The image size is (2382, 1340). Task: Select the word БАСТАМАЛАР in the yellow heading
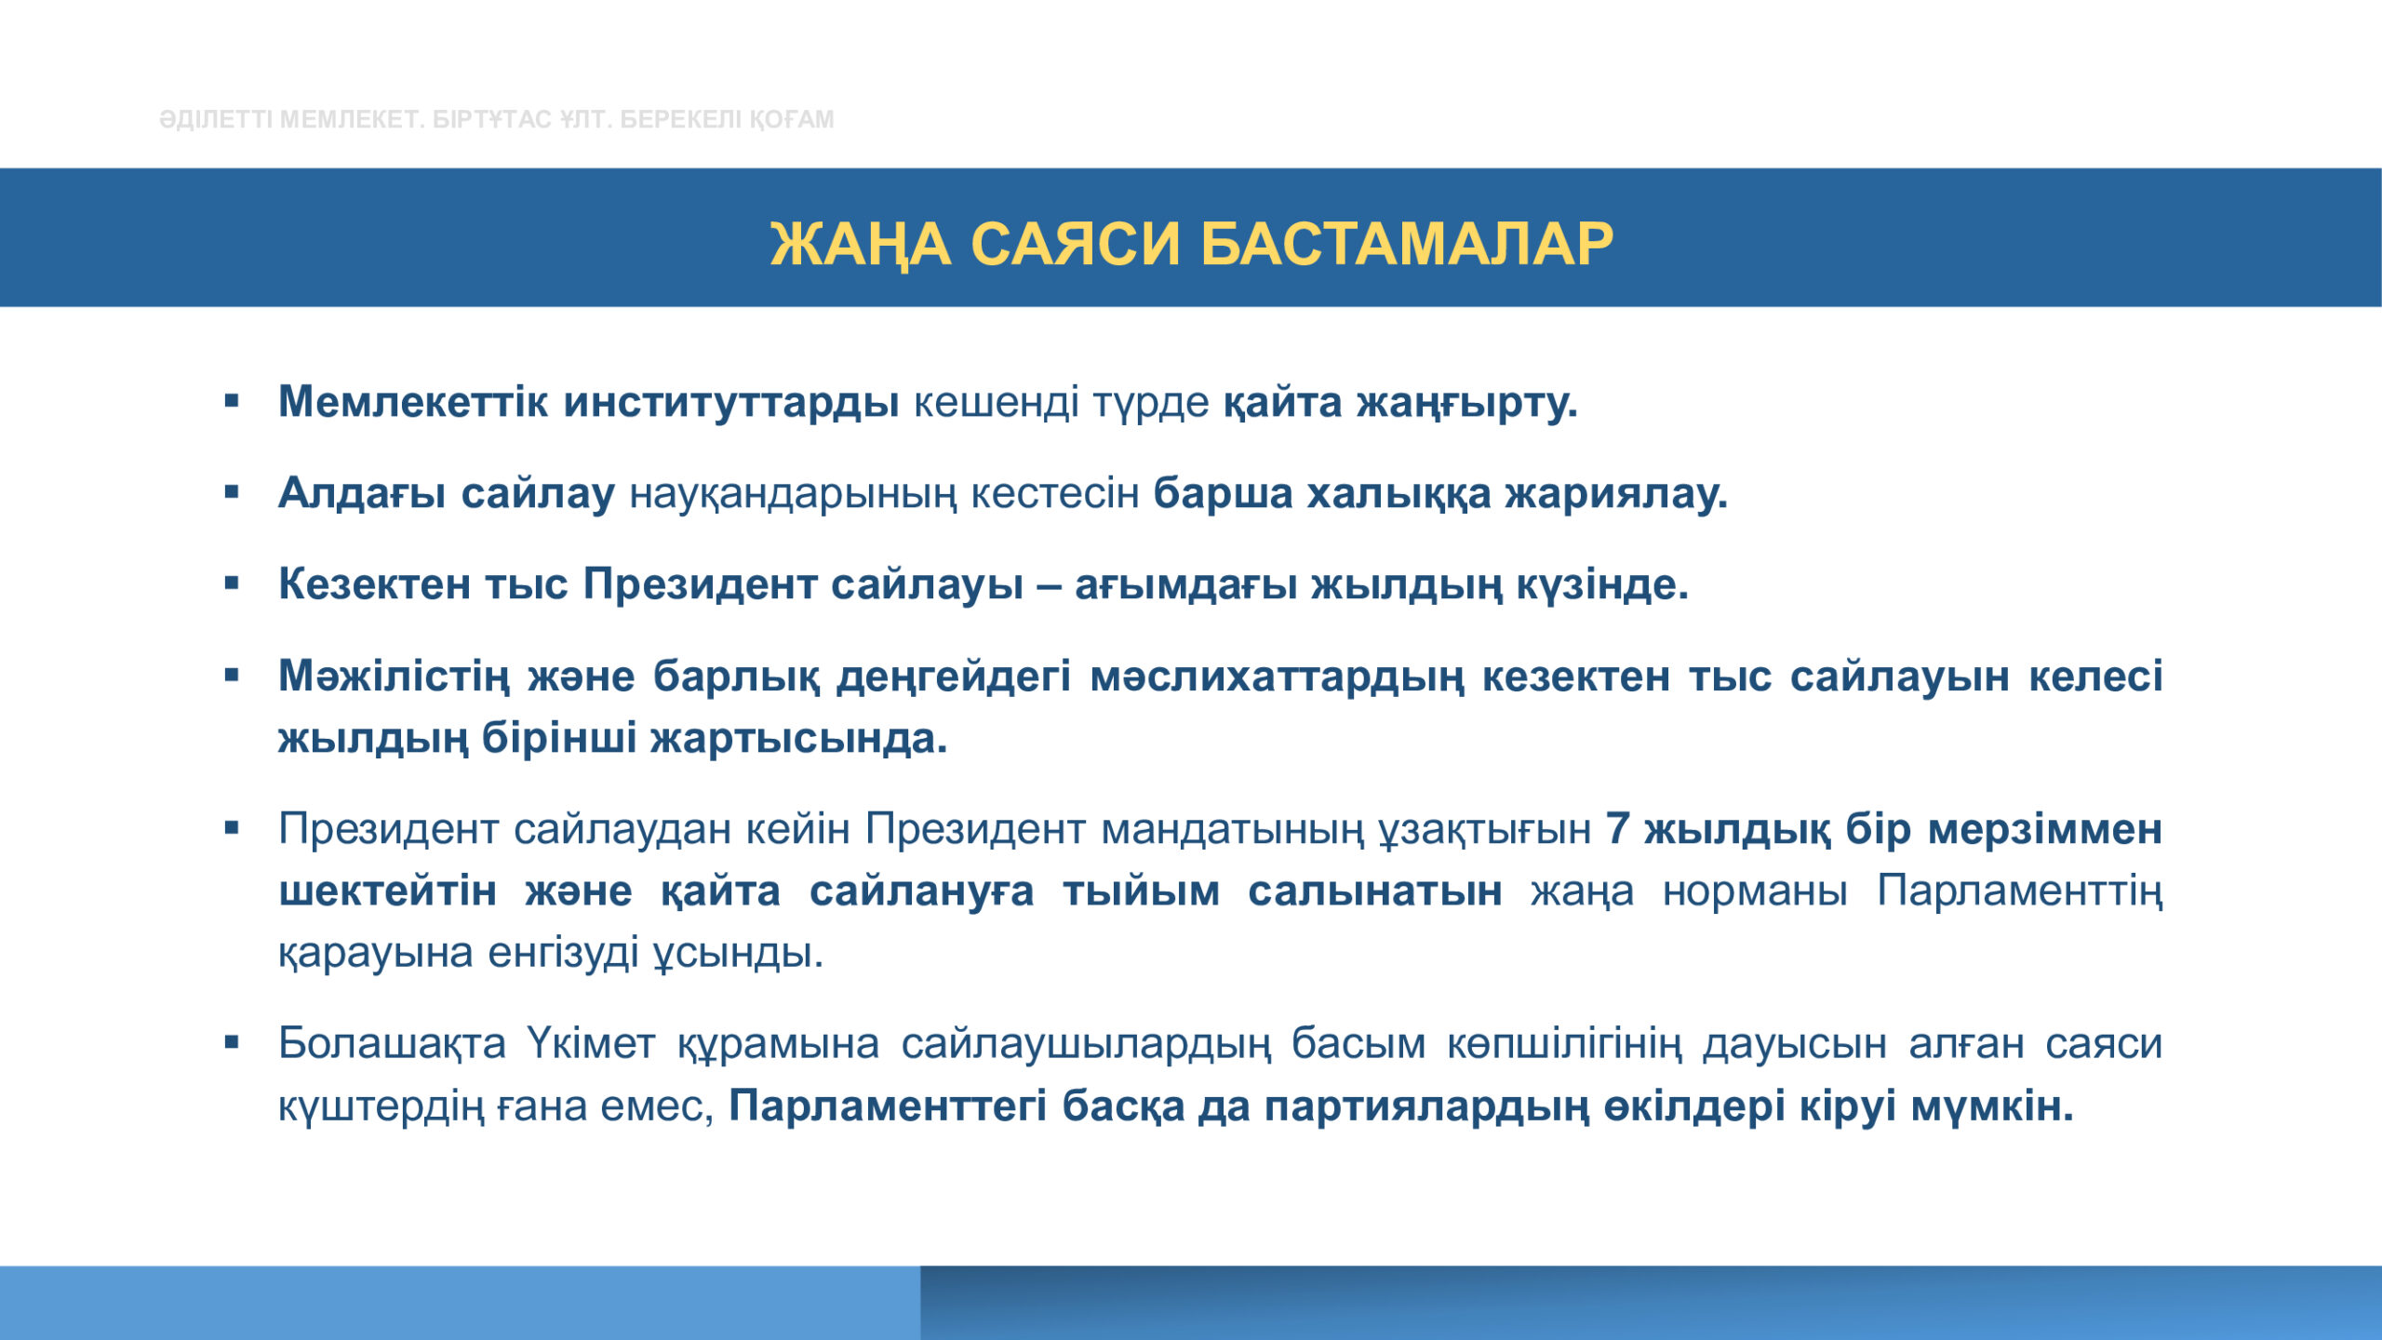pyautogui.click(x=1406, y=245)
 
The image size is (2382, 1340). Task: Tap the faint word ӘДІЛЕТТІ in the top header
pyautogui.click(x=216, y=119)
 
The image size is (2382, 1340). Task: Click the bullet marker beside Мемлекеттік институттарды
pyautogui.click(x=232, y=402)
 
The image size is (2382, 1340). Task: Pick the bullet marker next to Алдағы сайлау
pyautogui.click(x=232, y=492)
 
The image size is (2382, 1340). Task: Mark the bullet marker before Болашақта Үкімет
pyautogui.click(x=232, y=1042)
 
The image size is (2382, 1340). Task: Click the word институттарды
pyautogui.click(x=730, y=403)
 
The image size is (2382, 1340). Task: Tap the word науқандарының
pyautogui.click(x=792, y=494)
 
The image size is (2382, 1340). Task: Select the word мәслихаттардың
pyautogui.click(x=1277, y=677)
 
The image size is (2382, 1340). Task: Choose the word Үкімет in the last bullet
pyautogui.click(x=592, y=1042)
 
